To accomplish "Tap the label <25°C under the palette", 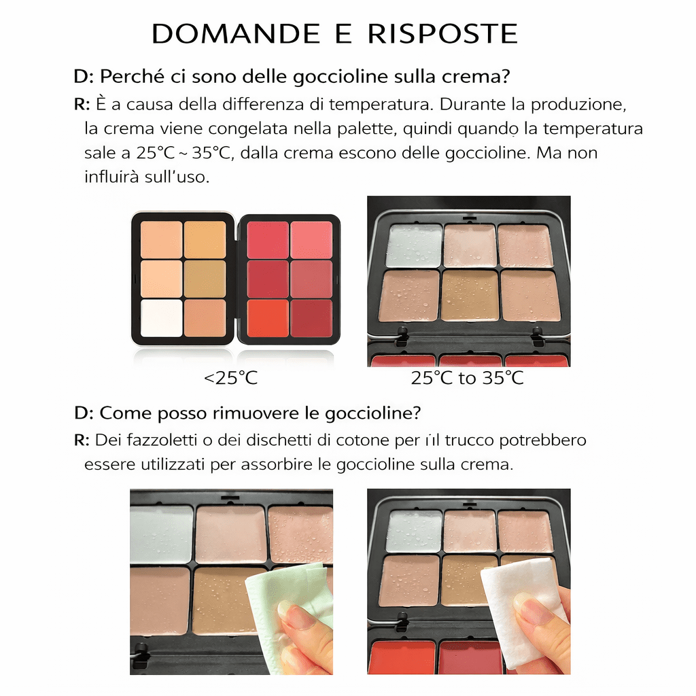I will [x=230, y=379].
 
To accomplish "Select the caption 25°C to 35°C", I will [x=467, y=379].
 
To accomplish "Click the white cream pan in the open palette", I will [x=161, y=317].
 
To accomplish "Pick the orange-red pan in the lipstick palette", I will [x=268, y=318].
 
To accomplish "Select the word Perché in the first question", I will [x=126, y=76].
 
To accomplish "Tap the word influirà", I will [x=111, y=178].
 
